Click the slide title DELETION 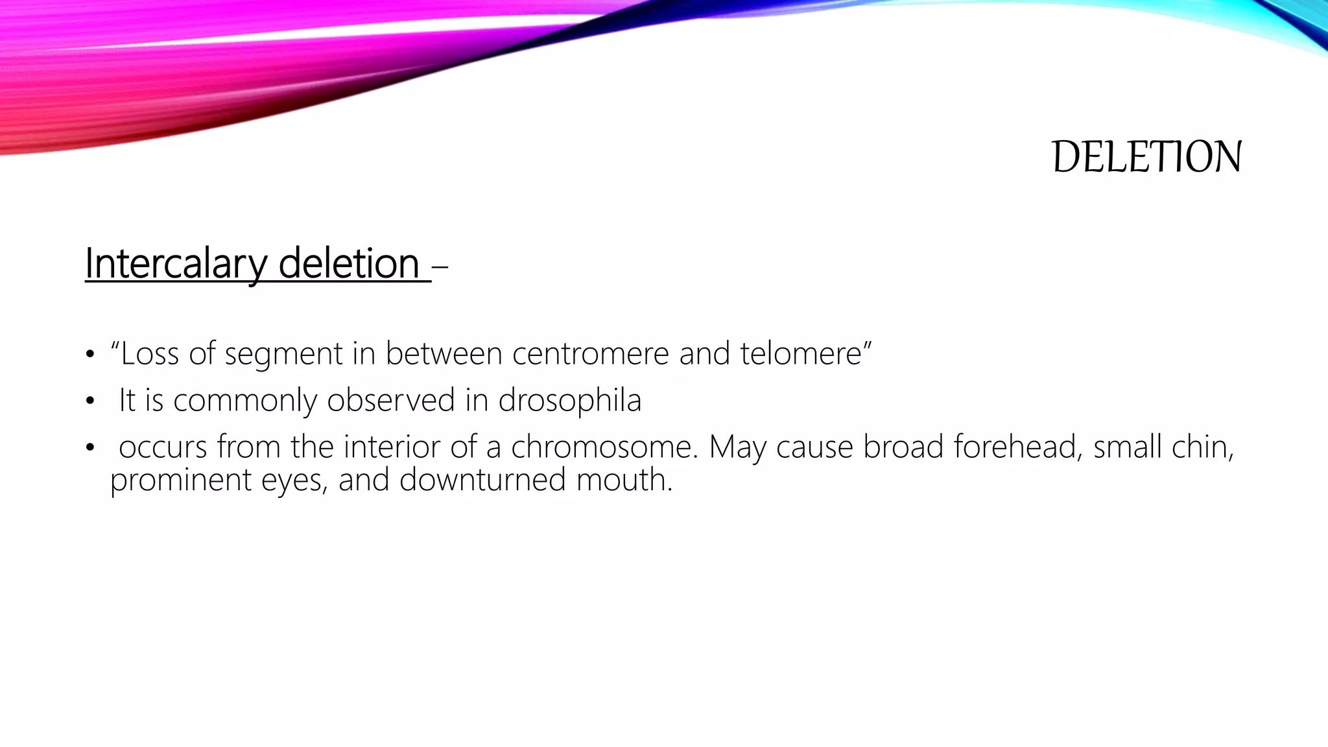(x=1146, y=157)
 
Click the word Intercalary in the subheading (x=176, y=264)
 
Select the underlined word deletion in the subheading (x=349, y=264)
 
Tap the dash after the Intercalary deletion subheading (x=440, y=266)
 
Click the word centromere (x=590, y=354)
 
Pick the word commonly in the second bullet (x=244, y=401)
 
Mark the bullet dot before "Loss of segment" (x=89, y=355)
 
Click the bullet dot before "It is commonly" (x=89, y=401)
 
